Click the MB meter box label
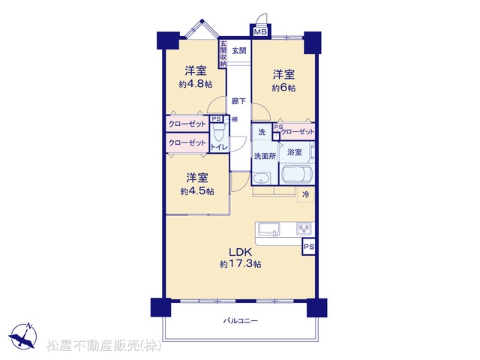tap(260, 31)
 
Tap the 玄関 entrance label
tap(238, 50)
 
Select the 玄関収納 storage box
tap(223, 53)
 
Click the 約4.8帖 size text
tap(196, 84)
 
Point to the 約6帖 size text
tap(283, 88)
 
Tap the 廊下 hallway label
tap(238, 100)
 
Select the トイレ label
tap(219, 147)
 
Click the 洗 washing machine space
tap(262, 132)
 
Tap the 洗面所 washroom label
tap(265, 156)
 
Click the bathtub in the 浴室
tap(297, 175)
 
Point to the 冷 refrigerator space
tap(306, 194)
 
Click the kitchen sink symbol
tap(269, 229)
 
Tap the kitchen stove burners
tap(304, 228)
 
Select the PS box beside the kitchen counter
tap(308, 247)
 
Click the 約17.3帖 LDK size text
tap(240, 264)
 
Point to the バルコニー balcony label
tap(240, 321)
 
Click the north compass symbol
tap(23, 336)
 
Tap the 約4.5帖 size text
tap(197, 191)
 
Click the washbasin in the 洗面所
tap(261, 178)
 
